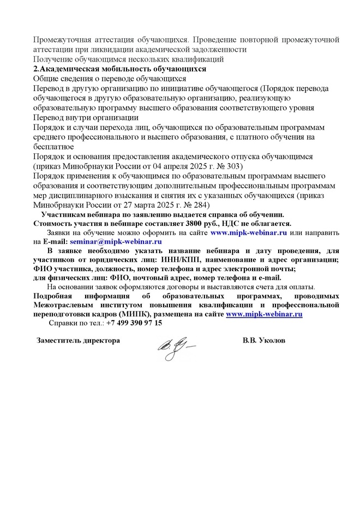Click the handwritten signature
[x=176, y=345]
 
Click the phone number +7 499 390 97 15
[x=134, y=323]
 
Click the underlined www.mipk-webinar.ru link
[x=264, y=314]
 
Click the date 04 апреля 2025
[x=169, y=165]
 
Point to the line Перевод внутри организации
[x=86, y=117]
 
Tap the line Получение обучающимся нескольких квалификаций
[x=129, y=59]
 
